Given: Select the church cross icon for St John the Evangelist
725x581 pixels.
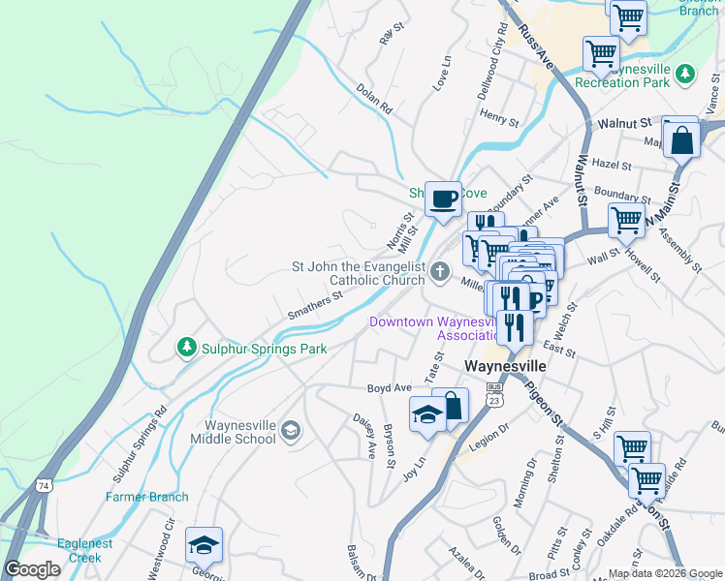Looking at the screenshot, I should pyautogui.click(x=441, y=272).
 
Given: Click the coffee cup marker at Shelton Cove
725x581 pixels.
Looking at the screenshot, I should pyautogui.click(x=444, y=199).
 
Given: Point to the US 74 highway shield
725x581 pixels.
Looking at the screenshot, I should pyautogui.click(x=42, y=484).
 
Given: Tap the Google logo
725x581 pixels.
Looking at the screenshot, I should pyautogui.click(x=33, y=569).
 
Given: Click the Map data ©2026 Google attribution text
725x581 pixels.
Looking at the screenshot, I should pyautogui.click(x=664, y=573).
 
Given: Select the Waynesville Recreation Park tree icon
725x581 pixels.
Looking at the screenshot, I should pyautogui.click(x=685, y=74).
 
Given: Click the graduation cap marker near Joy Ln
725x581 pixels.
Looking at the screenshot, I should pyautogui.click(x=426, y=414).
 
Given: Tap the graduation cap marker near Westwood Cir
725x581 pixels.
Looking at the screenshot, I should pyautogui.click(x=204, y=545).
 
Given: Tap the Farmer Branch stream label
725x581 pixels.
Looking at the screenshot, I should pyautogui.click(x=146, y=497).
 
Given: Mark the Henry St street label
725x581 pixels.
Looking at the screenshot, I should pyautogui.click(x=499, y=118).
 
